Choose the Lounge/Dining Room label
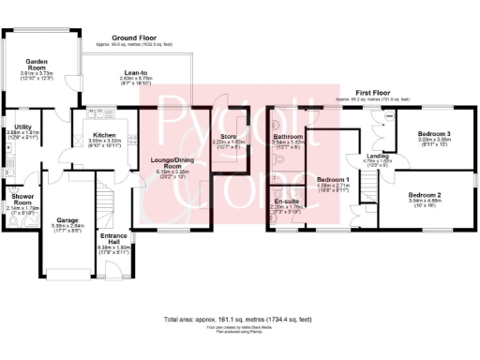(170, 164)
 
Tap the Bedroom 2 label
(427, 194)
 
